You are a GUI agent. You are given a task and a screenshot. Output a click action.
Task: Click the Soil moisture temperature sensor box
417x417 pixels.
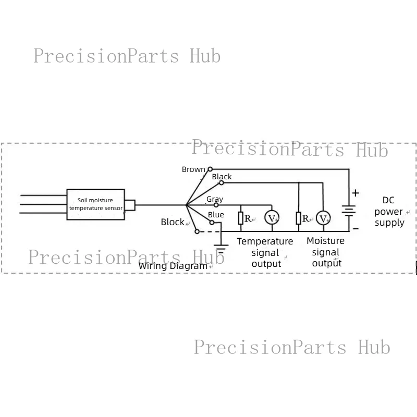[x=96, y=204]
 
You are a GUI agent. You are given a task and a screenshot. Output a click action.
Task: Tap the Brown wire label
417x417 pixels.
[x=193, y=169]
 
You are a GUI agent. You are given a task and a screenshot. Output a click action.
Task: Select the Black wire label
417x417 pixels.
[x=222, y=177]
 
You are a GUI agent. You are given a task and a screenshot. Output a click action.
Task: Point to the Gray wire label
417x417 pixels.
[x=215, y=199]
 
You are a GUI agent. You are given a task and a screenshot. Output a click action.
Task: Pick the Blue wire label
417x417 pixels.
[x=216, y=215]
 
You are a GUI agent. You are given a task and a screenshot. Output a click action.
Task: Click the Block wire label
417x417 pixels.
[x=173, y=222]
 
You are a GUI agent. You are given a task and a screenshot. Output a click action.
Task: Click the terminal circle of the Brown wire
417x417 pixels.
[x=210, y=169]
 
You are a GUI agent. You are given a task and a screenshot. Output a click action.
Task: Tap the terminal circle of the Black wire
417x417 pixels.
[x=221, y=183]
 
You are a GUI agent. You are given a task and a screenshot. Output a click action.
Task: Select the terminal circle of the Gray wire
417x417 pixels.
[x=216, y=205]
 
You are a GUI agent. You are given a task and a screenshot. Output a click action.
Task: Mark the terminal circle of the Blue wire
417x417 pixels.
[x=212, y=223]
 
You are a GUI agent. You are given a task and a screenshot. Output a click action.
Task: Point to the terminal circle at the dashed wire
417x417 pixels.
[x=197, y=231]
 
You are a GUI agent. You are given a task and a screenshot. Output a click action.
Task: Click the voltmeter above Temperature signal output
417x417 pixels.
[x=272, y=217]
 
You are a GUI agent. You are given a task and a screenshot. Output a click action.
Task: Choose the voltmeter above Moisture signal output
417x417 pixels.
[x=323, y=217]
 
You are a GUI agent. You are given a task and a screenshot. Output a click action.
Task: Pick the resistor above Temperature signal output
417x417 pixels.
[x=241, y=218]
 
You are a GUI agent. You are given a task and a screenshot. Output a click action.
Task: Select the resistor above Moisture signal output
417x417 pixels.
[x=299, y=218]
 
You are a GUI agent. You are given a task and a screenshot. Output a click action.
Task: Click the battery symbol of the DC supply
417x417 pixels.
[x=349, y=211]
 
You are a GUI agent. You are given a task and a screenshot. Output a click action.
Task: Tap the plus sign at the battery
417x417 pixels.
[x=355, y=193]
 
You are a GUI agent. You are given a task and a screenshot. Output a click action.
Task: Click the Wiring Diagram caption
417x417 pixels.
[x=173, y=266]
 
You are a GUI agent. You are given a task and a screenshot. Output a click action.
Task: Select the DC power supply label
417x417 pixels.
[x=389, y=212]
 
